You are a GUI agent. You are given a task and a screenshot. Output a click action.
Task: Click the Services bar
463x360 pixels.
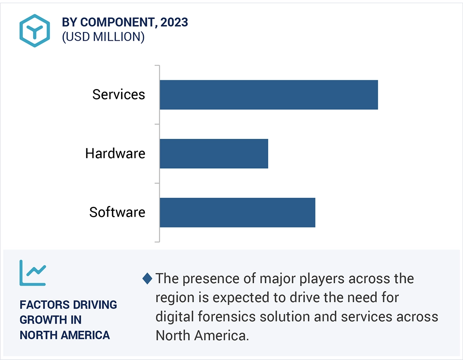tap(269, 95)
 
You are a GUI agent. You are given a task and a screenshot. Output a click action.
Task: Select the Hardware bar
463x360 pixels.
tap(214, 153)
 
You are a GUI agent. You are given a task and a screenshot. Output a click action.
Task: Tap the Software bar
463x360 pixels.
tap(237, 212)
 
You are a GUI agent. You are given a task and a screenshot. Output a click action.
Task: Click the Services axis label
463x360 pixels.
tap(119, 95)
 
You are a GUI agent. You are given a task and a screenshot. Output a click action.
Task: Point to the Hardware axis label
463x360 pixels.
tap(115, 153)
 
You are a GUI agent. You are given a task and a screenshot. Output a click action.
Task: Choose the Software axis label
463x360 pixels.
tap(117, 212)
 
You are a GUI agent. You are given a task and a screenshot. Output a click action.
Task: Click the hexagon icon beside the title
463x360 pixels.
tap(35, 30)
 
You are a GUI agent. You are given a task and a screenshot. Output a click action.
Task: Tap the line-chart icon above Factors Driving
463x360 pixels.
tap(33, 273)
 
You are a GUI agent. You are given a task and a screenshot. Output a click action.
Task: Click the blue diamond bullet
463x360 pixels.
tap(147, 279)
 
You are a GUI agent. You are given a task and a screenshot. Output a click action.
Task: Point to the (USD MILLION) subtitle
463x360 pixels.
tap(103, 37)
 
